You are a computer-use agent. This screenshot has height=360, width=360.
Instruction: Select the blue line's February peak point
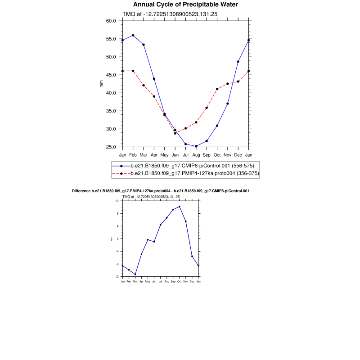133,35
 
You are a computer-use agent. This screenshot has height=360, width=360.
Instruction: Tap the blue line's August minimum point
196,146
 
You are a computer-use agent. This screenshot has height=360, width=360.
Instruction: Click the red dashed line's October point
217,89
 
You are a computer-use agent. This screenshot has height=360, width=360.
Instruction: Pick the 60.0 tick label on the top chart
111,21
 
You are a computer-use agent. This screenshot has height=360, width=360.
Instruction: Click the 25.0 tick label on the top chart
111,147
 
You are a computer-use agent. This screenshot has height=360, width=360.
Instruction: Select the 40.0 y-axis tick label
111,93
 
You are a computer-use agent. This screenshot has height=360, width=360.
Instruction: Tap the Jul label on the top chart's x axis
185,155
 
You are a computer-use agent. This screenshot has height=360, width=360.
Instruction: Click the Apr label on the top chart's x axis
154,155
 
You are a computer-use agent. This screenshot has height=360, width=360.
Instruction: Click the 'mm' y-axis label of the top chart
102,84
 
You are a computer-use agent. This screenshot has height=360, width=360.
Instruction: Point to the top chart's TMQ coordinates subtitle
170,14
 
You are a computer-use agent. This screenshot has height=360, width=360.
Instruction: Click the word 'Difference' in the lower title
81,191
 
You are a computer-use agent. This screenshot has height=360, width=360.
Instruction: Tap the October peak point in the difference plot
180,207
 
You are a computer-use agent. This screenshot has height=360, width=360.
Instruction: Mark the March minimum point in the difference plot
135,274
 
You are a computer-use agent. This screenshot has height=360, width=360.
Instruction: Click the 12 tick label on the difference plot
117,201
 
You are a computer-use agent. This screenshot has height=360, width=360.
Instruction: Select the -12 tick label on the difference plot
116,277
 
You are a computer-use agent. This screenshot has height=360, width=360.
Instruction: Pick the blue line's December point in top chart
238,62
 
